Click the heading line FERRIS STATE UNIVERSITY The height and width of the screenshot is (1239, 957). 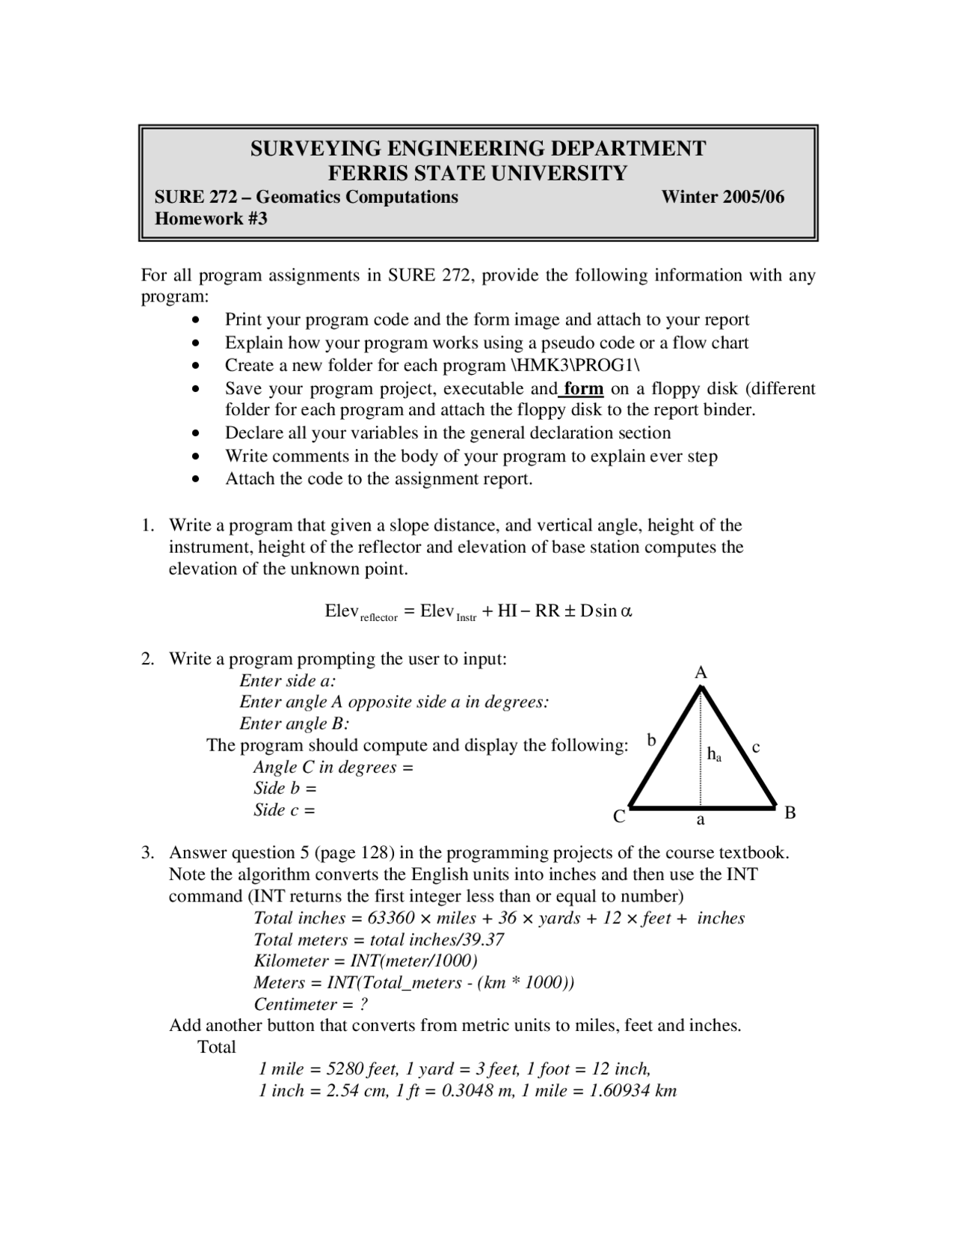pyautogui.click(x=478, y=173)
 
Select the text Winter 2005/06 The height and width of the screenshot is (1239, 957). pyautogui.click(x=722, y=197)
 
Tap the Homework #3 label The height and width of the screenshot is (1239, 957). pyautogui.click(x=210, y=218)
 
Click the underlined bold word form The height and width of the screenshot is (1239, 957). pyautogui.click(x=583, y=388)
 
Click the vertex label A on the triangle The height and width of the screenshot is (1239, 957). pyautogui.click(x=701, y=673)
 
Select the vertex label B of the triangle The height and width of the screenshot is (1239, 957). pyautogui.click(x=790, y=813)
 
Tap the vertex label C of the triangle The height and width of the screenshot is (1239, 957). pyautogui.click(x=619, y=817)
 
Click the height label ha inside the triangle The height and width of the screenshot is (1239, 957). pyautogui.click(x=714, y=754)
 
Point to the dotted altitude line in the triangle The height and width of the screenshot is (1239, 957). pyautogui.click(x=701, y=778)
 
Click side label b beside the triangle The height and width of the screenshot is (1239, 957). pyautogui.click(x=651, y=740)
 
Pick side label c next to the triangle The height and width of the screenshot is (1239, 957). pyautogui.click(x=756, y=746)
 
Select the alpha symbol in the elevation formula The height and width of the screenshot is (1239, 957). pyautogui.click(x=627, y=611)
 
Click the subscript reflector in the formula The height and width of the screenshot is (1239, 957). pyautogui.click(x=379, y=618)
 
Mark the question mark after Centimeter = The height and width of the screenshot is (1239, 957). pyautogui.click(x=363, y=1004)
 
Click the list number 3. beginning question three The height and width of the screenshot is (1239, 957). pyautogui.click(x=149, y=853)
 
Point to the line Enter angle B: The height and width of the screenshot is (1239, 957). pyautogui.click(x=295, y=723)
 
